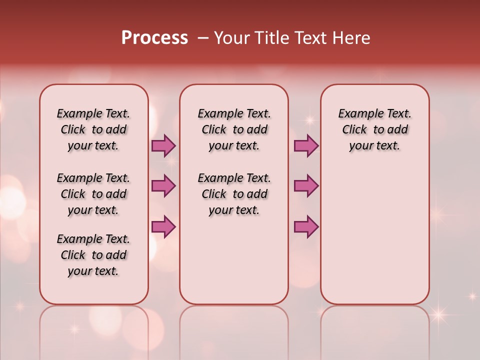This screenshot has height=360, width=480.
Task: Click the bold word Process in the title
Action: tap(154, 38)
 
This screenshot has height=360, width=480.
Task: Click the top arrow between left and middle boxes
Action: tap(163, 145)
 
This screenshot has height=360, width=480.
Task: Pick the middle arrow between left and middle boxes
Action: tap(163, 186)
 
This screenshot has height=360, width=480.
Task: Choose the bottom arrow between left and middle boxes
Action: tap(163, 227)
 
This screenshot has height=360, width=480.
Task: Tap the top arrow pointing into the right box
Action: tap(306, 145)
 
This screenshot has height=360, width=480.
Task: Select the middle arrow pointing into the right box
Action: tap(306, 186)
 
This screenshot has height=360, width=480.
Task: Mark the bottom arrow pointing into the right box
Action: tap(306, 227)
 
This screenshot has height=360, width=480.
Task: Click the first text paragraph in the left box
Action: tap(93, 129)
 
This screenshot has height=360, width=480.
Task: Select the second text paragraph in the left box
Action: tap(93, 194)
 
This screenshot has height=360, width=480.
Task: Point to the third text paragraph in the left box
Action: tap(93, 255)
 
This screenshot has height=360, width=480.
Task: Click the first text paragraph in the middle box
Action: tap(234, 129)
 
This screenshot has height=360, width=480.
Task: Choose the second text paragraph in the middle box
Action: tap(234, 194)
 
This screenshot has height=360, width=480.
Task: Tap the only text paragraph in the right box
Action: tap(374, 129)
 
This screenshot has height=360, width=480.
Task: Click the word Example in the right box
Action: tap(357, 114)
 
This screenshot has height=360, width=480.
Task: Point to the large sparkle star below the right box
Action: tap(438, 314)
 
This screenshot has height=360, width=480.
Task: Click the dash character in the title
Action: tap(203, 38)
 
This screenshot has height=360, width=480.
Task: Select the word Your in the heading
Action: tap(231, 38)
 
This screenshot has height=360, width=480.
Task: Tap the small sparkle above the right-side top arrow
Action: tap(309, 120)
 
